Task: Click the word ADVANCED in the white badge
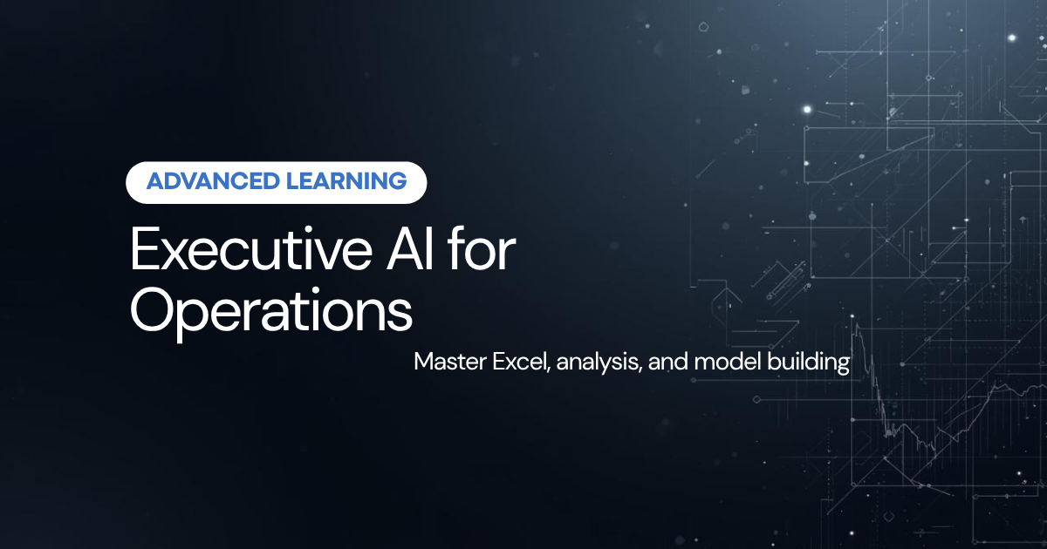[x=213, y=181]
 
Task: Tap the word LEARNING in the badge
[x=346, y=181]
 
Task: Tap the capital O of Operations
[x=150, y=310]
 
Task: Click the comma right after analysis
[x=640, y=370]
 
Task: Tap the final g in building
[x=843, y=365]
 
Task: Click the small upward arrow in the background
[x=1023, y=219]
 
